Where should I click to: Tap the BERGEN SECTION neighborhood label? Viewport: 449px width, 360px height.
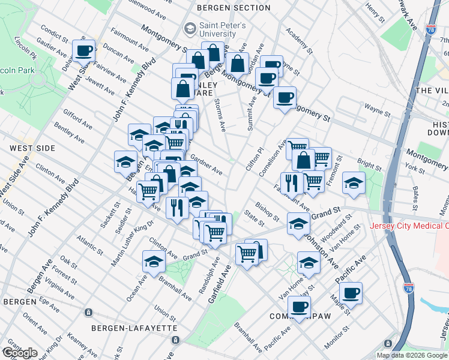(x=234, y=8)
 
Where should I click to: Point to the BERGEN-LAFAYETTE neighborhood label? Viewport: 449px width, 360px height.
(x=134, y=328)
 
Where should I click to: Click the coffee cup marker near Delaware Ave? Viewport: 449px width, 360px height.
(x=83, y=50)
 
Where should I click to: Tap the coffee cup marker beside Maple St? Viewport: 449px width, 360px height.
(x=351, y=293)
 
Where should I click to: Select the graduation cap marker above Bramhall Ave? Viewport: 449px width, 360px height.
(x=154, y=261)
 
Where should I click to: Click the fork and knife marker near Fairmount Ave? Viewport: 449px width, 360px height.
(x=291, y=182)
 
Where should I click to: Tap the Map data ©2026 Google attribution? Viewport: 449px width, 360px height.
(x=412, y=355)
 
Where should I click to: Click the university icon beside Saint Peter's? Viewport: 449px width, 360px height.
(x=190, y=28)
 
